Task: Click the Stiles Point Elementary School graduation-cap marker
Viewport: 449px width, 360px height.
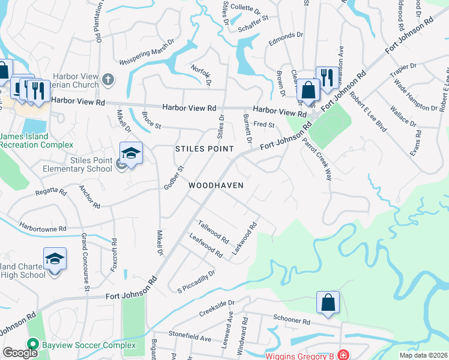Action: click(x=131, y=154)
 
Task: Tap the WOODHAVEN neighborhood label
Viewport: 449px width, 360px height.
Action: click(x=216, y=185)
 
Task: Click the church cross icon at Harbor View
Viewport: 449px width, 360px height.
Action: click(x=107, y=79)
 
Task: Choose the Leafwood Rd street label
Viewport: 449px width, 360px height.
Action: click(x=206, y=247)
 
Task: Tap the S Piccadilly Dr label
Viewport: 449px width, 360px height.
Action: click(x=196, y=282)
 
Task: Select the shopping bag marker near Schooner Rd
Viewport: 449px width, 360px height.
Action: click(x=328, y=303)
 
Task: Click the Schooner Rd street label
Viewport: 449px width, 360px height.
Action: click(x=291, y=321)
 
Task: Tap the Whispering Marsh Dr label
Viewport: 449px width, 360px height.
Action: click(x=146, y=52)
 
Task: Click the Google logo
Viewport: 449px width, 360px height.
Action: click(x=20, y=353)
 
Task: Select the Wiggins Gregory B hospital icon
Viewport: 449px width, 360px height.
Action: click(x=343, y=355)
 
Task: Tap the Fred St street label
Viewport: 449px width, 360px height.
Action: click(x=264, y=125)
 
